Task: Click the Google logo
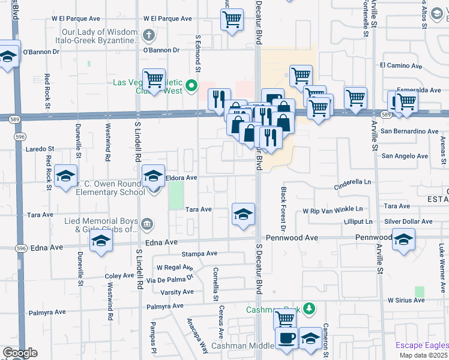tap(19, 353)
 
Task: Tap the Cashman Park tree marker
tap(309, 308)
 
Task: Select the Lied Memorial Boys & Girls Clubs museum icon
tap(148, 225)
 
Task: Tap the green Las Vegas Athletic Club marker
tap(191, 86)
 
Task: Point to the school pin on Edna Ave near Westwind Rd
tap(101, 242)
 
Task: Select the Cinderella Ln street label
tap(353, 182)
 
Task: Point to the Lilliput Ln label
tap(354, 221)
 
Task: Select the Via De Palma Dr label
tap(175, 278)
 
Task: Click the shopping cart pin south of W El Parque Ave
tap(231, 19)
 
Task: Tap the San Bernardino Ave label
tap(410, 131)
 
